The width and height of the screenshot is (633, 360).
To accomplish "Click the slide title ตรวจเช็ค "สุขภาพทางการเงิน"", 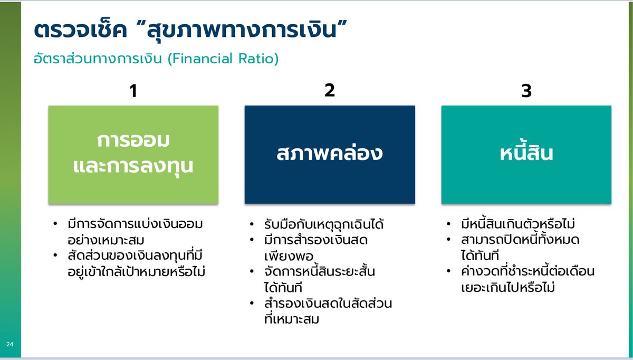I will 192,30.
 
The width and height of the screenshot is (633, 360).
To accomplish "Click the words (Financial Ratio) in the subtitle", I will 223,59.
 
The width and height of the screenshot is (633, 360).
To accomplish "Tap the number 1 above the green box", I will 133,91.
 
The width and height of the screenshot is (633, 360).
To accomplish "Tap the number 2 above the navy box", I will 330,90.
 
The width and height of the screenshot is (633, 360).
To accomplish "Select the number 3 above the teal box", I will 526,91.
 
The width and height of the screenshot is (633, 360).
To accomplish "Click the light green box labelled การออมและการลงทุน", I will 133,154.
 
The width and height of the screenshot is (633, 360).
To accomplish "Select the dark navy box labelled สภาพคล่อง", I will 330,154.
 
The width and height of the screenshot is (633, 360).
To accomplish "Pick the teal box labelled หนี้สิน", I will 526,154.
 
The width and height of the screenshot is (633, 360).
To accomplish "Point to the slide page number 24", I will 10,344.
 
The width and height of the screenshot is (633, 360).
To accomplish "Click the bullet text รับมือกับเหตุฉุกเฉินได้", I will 324,224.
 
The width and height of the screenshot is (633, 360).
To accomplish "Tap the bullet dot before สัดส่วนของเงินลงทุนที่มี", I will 56,257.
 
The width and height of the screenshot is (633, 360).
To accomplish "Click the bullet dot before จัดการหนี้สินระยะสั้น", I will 253,272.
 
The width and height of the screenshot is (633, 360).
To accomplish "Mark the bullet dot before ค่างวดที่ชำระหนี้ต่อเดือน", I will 449,272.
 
